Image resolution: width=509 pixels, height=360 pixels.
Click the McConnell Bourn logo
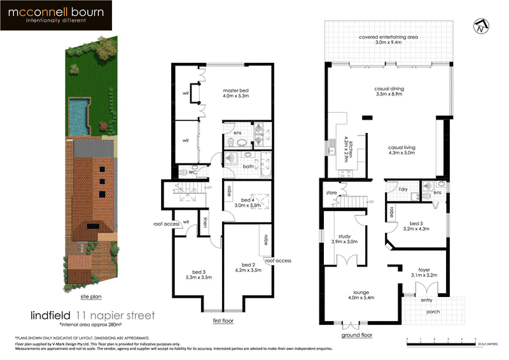(x=56, y=16)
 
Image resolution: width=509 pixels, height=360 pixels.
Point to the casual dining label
(x=389, y=92)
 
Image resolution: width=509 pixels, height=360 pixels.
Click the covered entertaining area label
(x=388, y=39)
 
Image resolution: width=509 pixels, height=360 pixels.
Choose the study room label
(x=344, y=238)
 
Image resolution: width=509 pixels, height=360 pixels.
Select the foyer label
(x=424, y=272)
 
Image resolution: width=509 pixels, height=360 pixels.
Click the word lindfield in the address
(x=51, y=315)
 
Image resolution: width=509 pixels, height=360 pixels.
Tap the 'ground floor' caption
(x=356, y=334)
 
